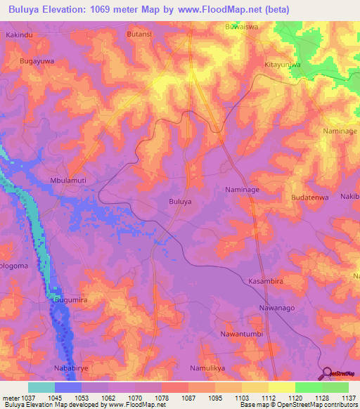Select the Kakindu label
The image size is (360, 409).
(x=20, y=34)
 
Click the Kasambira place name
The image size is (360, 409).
(x=266, y=280)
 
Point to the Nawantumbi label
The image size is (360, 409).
(x=242, y=334)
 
